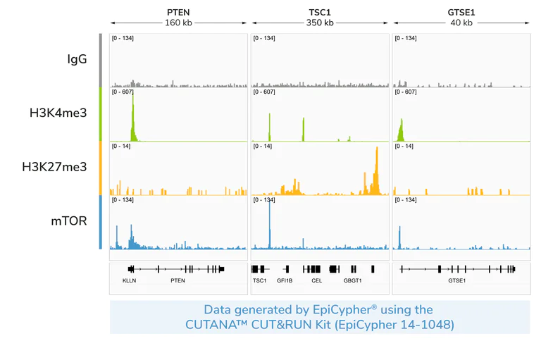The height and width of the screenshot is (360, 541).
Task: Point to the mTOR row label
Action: (x=69, y=221)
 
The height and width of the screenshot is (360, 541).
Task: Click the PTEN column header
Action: (x=178, y=12)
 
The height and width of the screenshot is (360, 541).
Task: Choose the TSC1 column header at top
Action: (x=319, y=12)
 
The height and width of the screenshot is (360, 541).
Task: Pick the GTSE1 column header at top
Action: (x=461, y=12)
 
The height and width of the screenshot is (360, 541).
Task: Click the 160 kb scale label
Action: (x=178, y=23)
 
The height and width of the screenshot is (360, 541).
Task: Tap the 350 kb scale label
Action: (x=319, y=23)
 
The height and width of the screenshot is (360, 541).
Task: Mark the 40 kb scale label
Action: (x=461, y=23)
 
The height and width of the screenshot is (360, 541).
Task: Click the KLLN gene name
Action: (x=130, y=280)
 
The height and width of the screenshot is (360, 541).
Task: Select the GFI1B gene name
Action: (x=285, y=280)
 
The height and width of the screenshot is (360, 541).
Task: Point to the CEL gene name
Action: (x=316, y=280)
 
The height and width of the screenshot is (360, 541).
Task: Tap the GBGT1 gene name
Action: (x=352, y=280)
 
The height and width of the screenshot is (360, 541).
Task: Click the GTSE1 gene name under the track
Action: (x=457, y=280)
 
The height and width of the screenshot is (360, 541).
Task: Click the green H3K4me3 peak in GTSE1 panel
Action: (x=401, y=129)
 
